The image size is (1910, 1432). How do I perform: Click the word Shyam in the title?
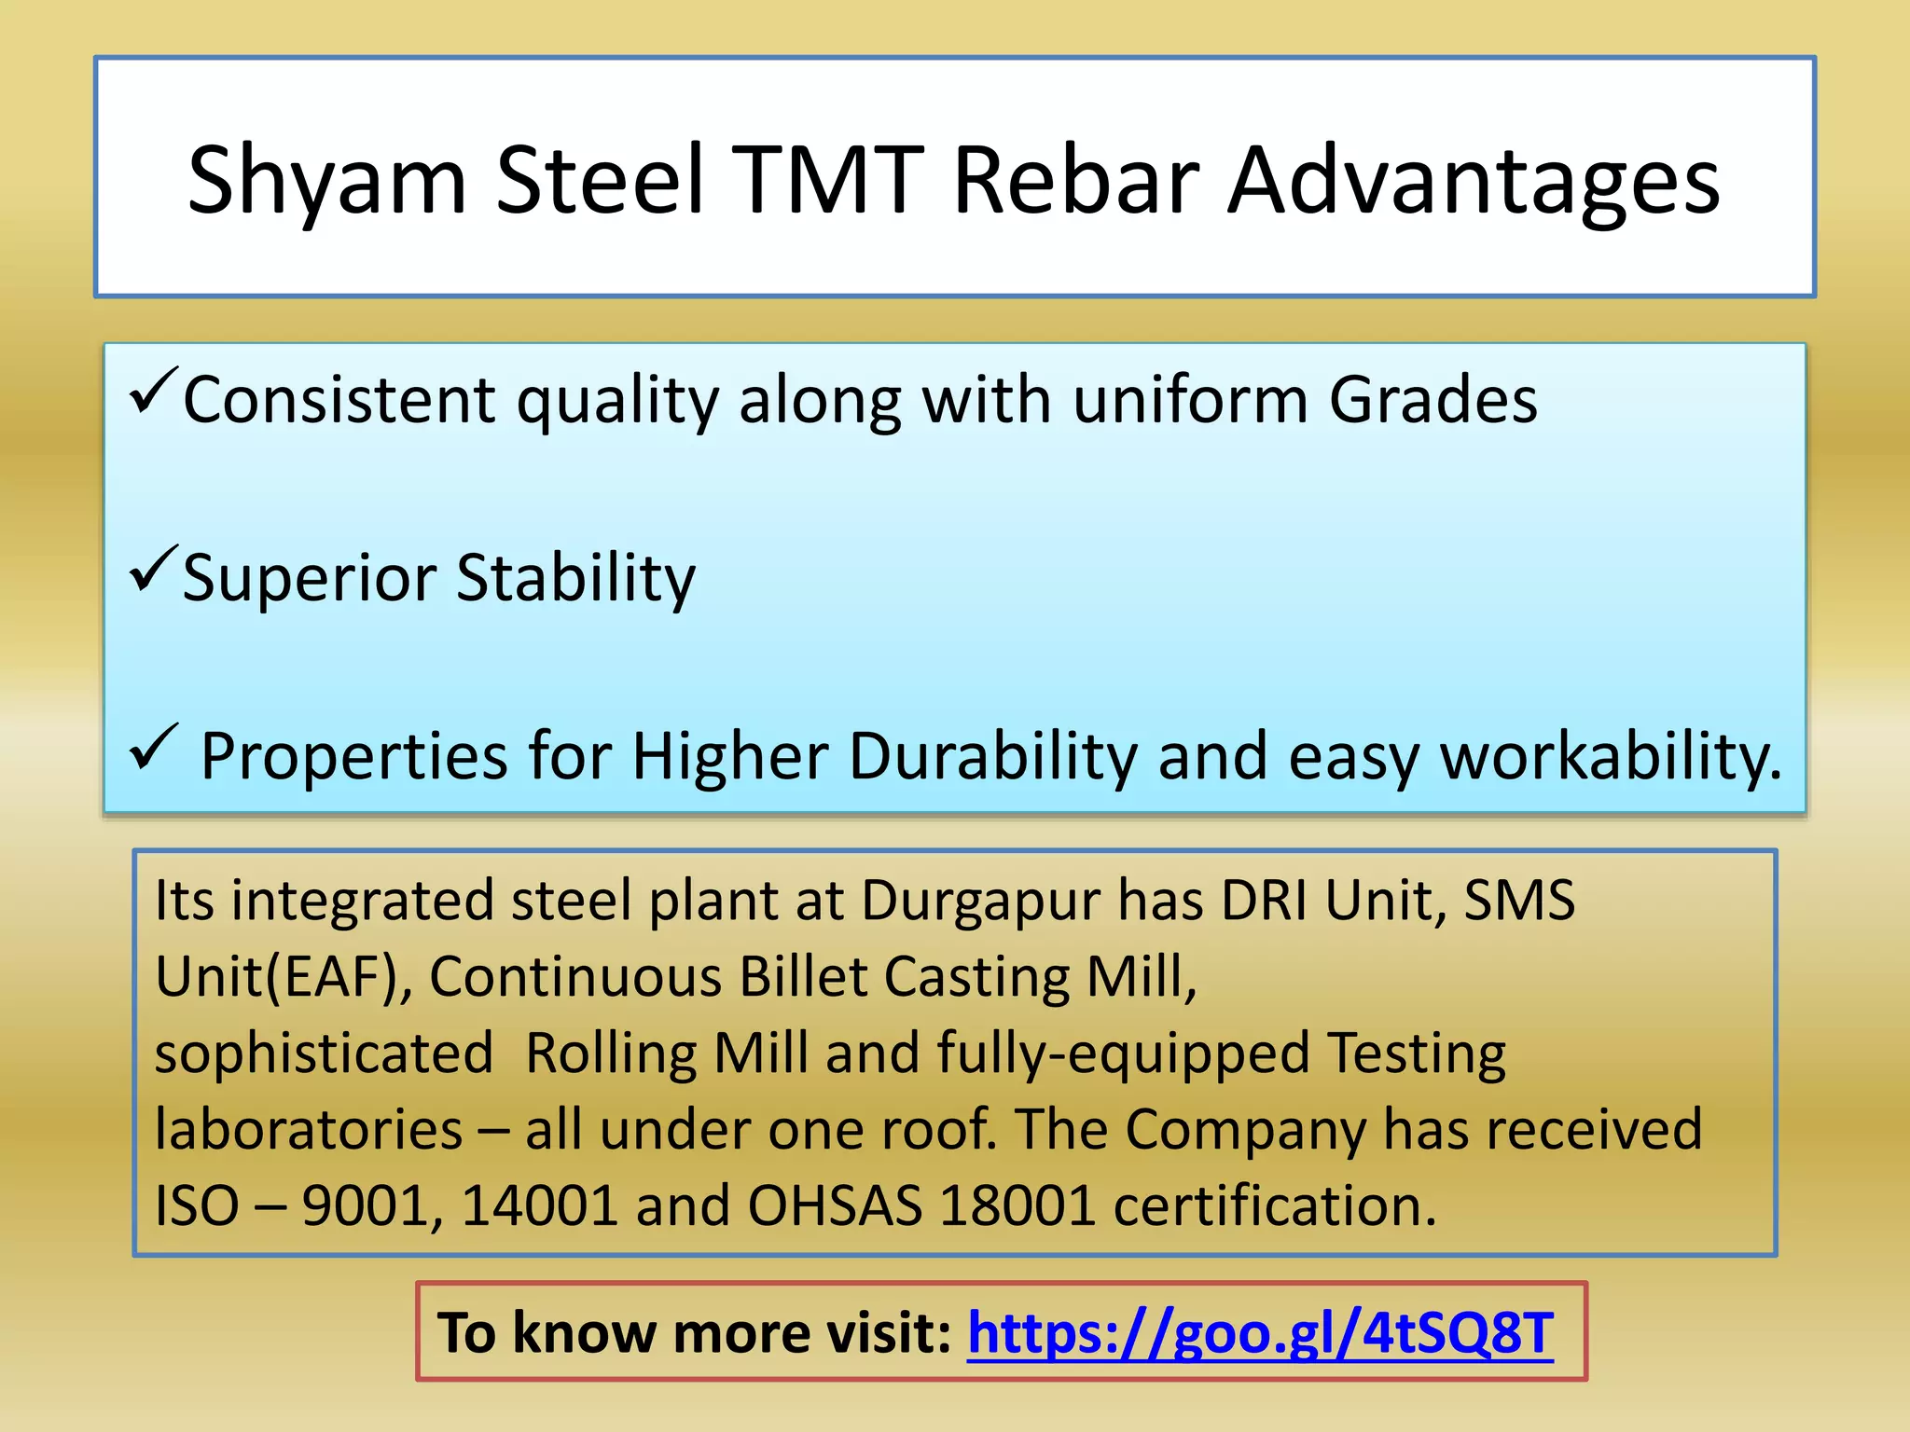(x=326, y=182)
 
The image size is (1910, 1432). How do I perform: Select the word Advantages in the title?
(x=1474, y=182)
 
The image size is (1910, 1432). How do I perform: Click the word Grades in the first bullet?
(x=1432, y=401)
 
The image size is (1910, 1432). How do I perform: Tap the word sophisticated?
(x=324, y=1054)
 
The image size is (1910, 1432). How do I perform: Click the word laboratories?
(x=309, y=1130)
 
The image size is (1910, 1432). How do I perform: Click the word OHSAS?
(x=835, y=1206)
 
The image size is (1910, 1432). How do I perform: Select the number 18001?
(x=1017, y=1206)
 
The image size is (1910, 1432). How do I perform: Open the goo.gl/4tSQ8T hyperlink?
(x=1259, y=1333)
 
